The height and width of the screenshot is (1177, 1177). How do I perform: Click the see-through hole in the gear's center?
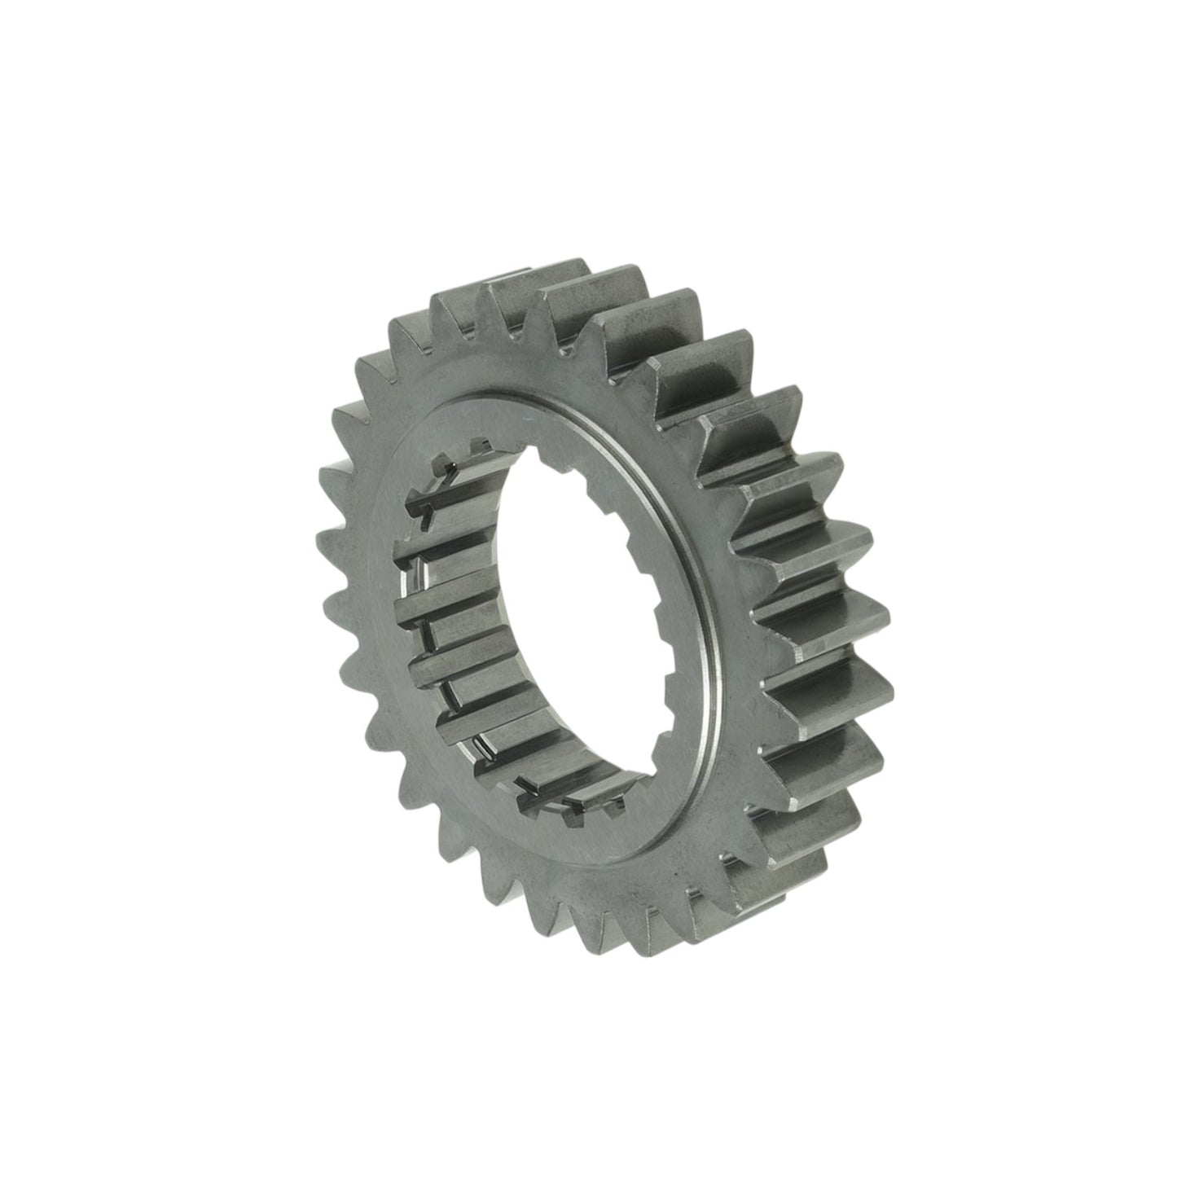570,603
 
